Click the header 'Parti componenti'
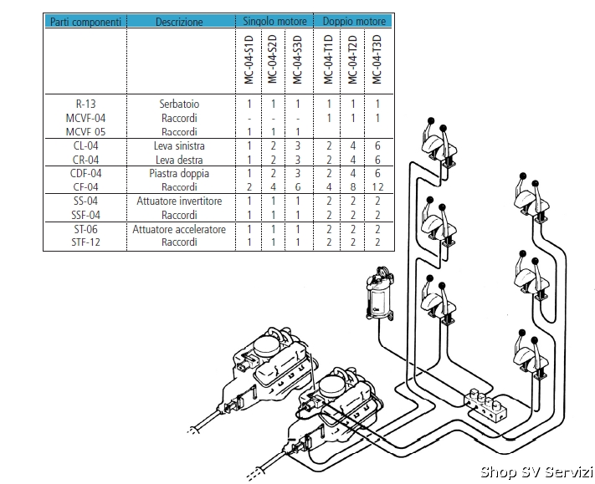coord(85,22)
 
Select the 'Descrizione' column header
coord(179,22)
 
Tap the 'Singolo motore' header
coord(274,21)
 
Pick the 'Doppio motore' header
coord(354,21)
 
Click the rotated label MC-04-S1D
coord(249,59)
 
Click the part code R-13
coord(85,104)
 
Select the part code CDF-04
coord(85,174)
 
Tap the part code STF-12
coord(85,242)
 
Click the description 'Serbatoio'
coord(179,104)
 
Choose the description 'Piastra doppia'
coord(179,174)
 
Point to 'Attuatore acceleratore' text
coord(179,229)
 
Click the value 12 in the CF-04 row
coord(378,187)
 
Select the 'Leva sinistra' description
coord(179,146)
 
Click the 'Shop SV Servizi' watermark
coord(536,472)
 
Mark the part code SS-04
coord(85,201)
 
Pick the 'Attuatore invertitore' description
coord(179,201)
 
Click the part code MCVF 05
coord(85,132)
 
